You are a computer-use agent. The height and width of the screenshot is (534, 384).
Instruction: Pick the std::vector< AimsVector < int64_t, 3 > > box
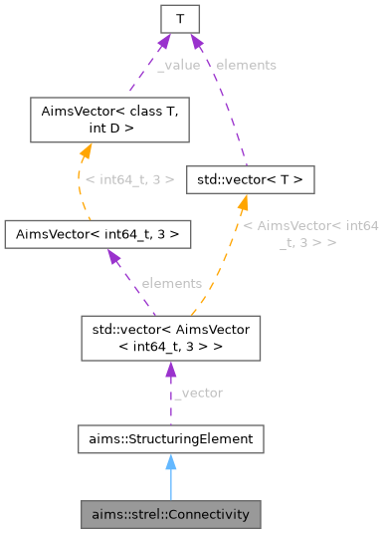coord(170,337)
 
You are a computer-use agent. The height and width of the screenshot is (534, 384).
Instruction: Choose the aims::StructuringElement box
coord(170,438)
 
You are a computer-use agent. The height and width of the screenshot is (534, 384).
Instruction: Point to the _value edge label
coord(179,64)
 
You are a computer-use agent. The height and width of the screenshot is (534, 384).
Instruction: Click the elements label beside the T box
coord(244,64)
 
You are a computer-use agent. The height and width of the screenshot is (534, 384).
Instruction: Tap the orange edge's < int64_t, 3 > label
coord(130,179)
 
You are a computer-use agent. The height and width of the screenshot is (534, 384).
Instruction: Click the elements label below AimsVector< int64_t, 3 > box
coord(171,283)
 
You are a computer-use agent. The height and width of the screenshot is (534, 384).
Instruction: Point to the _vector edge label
coord(198,392)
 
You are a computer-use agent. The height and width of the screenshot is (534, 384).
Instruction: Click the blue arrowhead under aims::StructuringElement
coord(170,461)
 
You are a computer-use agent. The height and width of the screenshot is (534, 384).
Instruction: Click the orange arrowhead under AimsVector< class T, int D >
coord(85,149)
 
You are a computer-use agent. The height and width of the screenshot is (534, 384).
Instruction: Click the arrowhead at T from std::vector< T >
coord(194,41)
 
